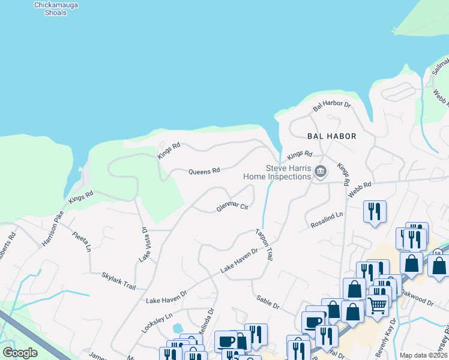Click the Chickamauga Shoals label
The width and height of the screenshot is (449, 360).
pos(56,8)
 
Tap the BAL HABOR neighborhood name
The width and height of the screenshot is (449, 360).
pos(332,136)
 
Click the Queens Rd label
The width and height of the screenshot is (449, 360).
pos(204,171)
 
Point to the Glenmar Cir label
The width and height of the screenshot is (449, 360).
pos(232,208)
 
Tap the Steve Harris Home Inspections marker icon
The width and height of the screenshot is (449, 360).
pos(321,172)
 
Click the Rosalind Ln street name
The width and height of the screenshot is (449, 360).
pos(327,220)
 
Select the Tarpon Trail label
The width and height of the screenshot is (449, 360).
pos(264,244)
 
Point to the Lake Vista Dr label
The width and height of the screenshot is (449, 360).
pos(143,245)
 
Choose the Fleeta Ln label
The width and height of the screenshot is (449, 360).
pos(82,241)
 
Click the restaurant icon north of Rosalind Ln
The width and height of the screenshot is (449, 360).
pos(375,211)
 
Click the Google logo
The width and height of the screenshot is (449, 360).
pos(20,353)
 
